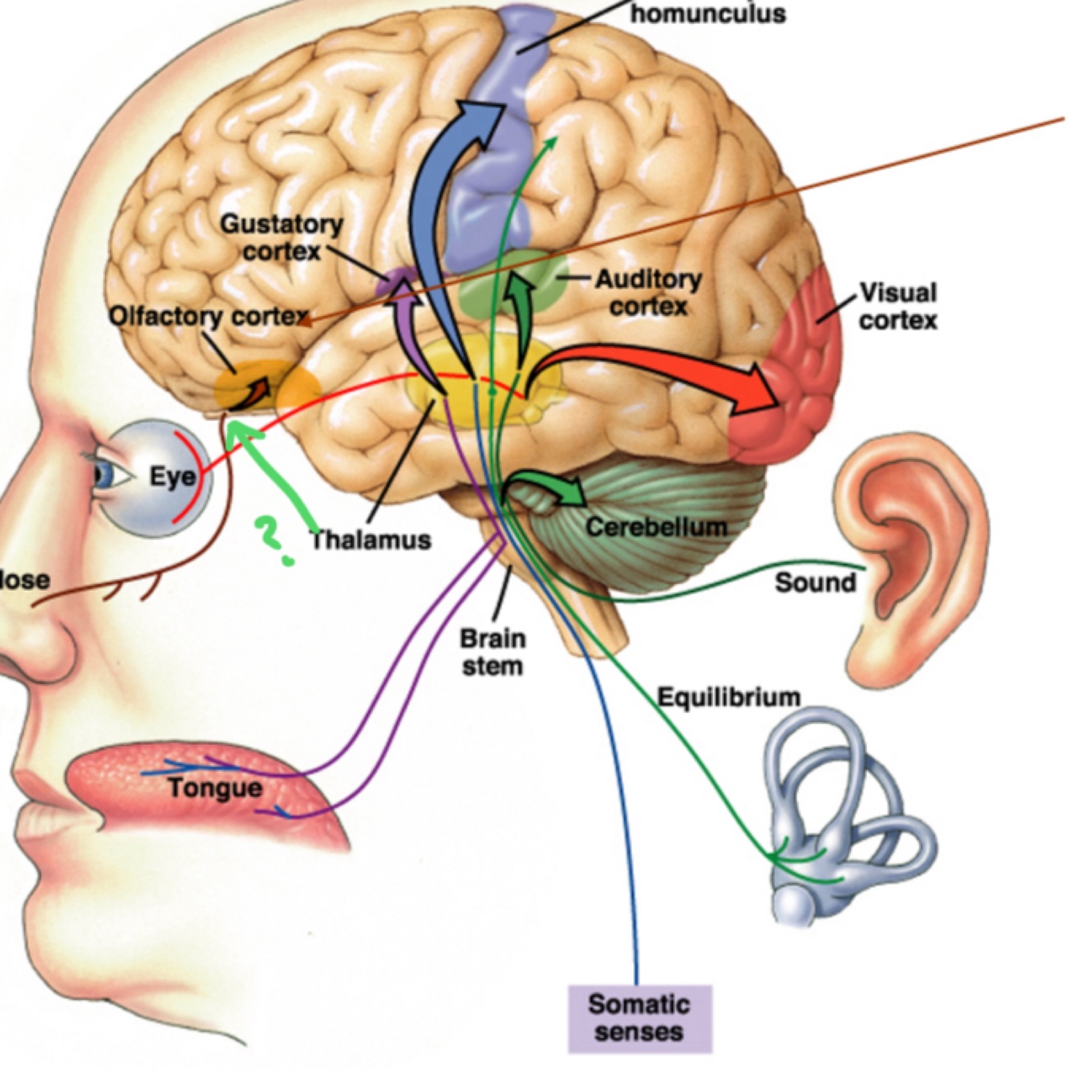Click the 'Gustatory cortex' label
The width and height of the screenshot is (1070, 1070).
coord(281,237)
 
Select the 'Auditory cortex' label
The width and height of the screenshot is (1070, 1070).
coord(648,293)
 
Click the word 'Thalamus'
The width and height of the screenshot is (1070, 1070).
coord(371,540)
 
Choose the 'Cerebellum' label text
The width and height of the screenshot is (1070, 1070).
coord(656,527)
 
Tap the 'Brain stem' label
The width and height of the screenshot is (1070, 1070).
coord(492,652)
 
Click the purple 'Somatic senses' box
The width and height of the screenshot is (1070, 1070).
coord(639,1018)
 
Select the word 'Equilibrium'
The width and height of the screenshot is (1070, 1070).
coord(728,696)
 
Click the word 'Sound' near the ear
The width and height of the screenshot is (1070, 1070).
coord(815,582)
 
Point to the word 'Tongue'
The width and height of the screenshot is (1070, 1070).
coord(215,788)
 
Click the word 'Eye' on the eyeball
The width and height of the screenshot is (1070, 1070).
coord(172,477)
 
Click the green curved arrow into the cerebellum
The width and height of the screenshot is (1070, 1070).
coord(553,485)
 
